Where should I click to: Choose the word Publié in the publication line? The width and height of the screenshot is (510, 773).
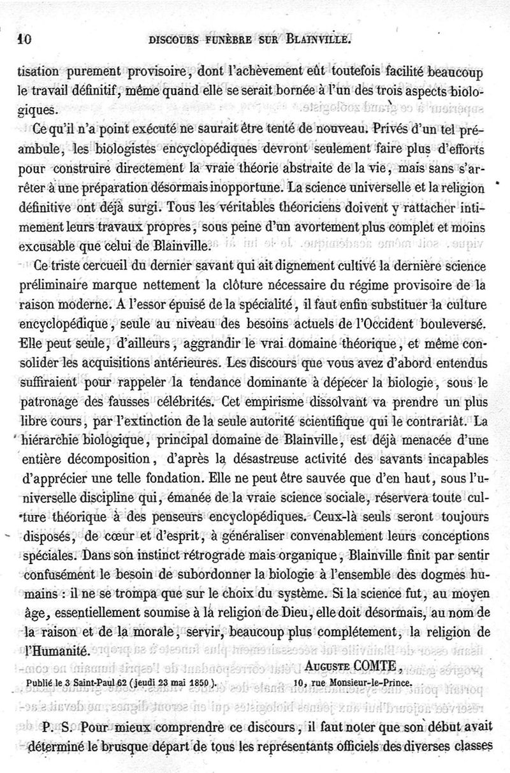point(43,681)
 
